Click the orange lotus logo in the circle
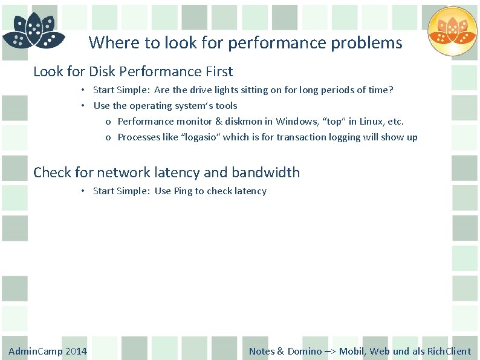click(452, 31)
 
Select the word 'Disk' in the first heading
click(102, 71)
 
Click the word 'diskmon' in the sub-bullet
click(244, 121)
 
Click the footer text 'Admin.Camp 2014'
click(47, 351)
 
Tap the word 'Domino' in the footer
click(305, 351)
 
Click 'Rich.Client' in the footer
click(449, 351)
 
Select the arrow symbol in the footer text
click(330, 351)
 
